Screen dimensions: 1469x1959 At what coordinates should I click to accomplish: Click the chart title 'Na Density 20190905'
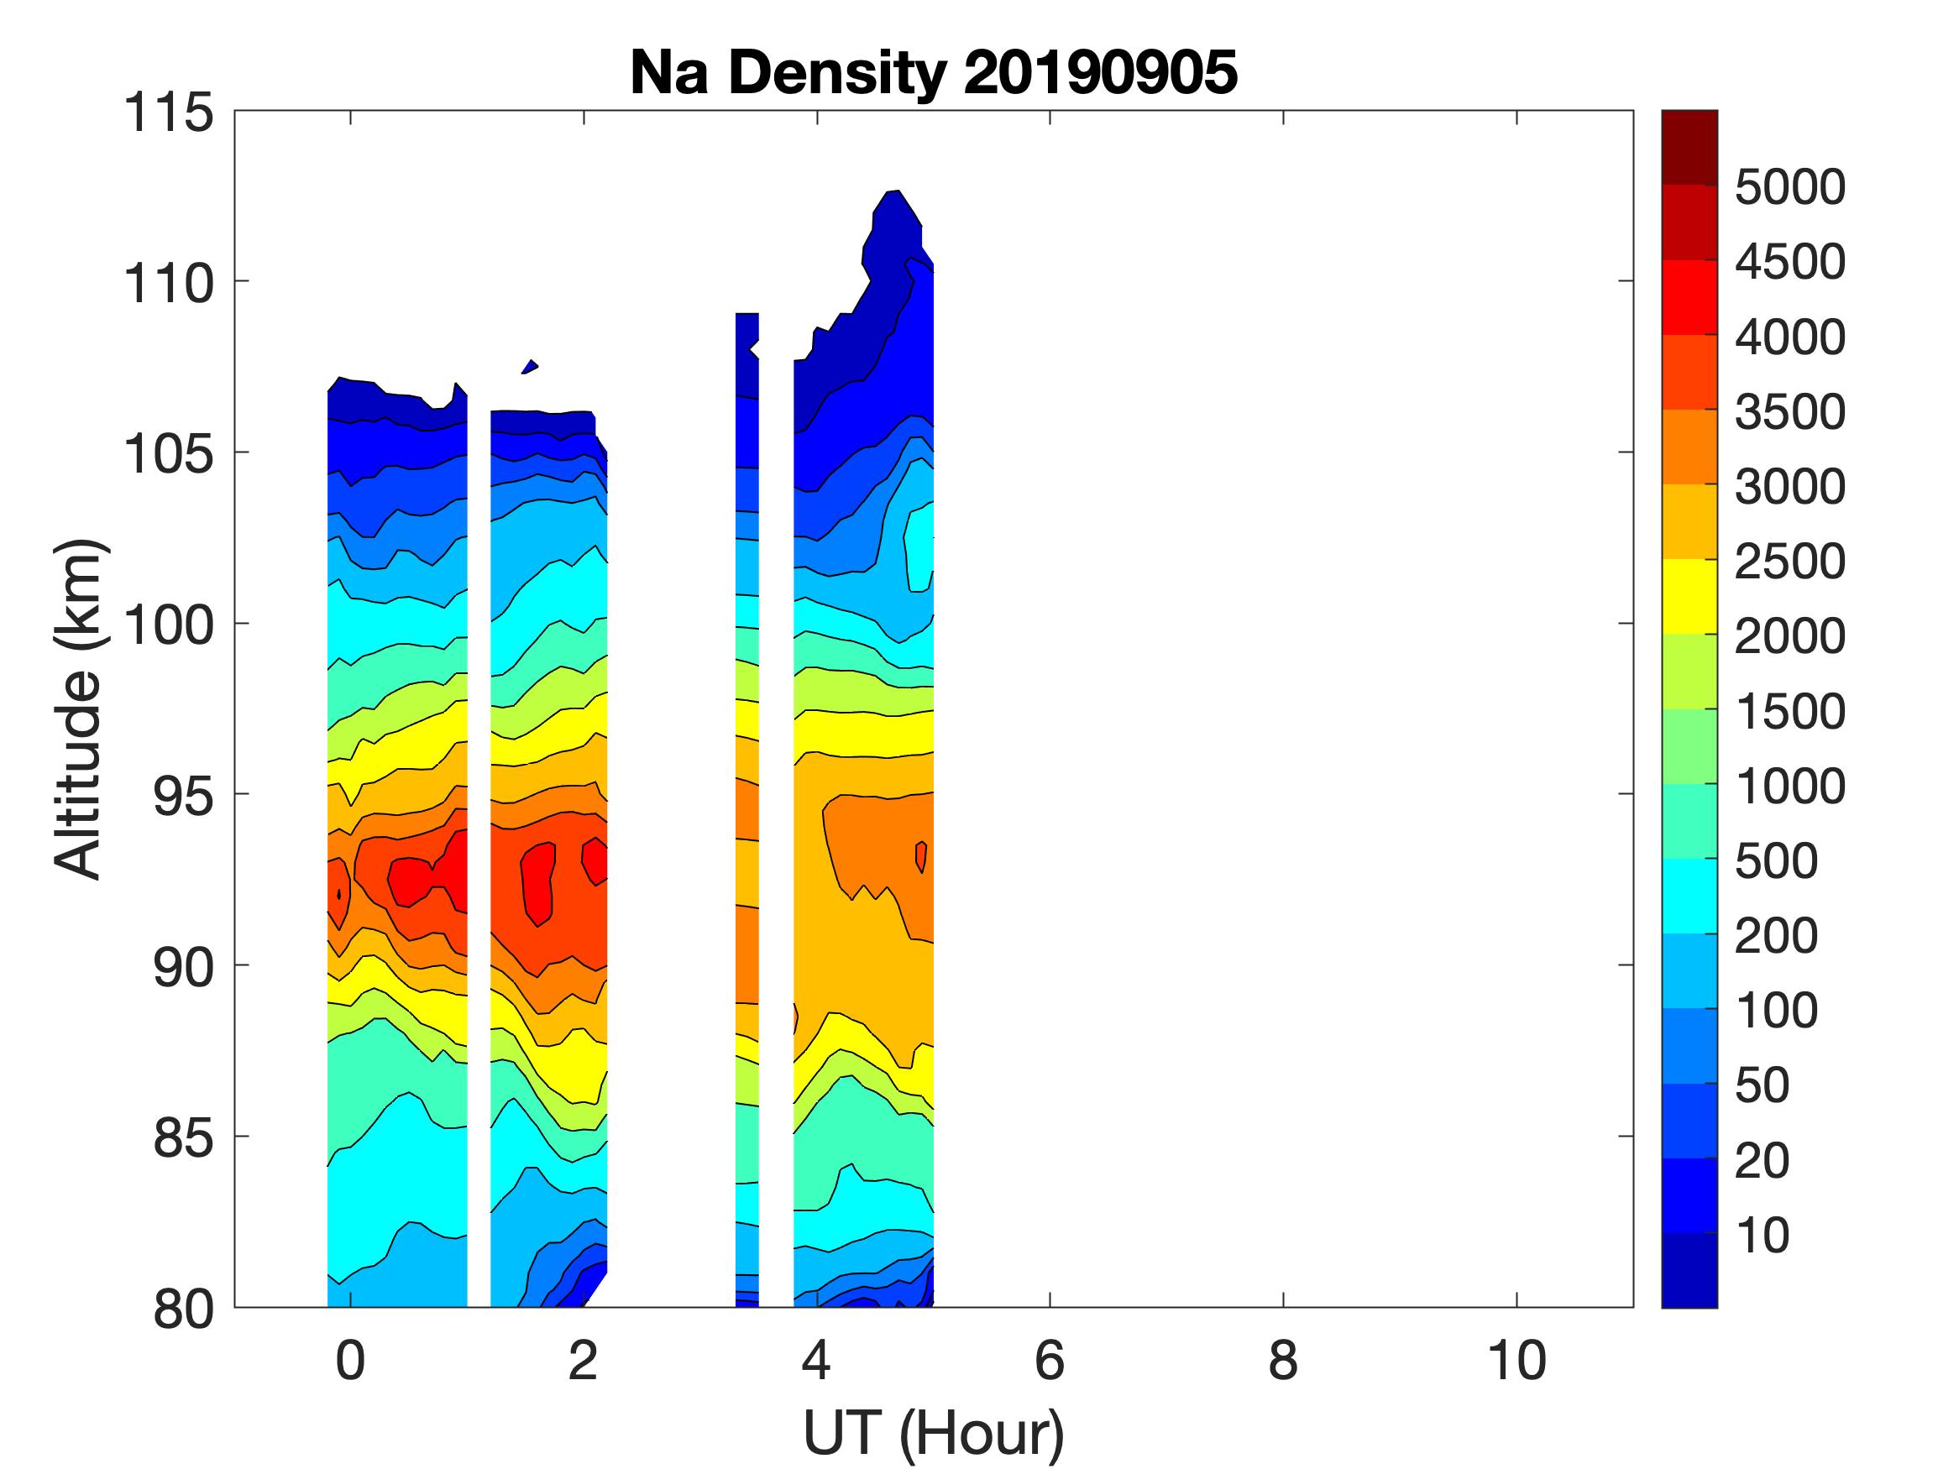point(933,72)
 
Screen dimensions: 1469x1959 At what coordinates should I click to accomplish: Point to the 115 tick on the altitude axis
point(168,113)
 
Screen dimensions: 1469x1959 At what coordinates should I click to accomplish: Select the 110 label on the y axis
point(168,285)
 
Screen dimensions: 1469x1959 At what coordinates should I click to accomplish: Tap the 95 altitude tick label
point(183,796)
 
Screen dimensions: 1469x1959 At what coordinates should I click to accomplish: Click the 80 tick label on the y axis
point(183,1310)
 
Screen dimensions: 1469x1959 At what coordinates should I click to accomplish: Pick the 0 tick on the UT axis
point(351,1361)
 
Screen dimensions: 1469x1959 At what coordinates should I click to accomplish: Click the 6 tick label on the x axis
point(1050,1361)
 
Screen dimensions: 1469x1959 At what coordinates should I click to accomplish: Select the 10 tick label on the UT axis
point(1516,1361)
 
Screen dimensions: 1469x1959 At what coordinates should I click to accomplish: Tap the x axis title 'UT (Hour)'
point(933,1433)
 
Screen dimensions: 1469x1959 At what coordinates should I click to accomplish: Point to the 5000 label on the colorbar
point(1789,187)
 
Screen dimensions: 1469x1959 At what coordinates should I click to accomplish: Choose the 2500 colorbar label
point(1789,561)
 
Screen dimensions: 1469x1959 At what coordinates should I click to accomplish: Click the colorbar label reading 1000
point(1789,786)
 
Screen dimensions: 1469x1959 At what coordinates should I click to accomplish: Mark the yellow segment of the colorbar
point(1689,597)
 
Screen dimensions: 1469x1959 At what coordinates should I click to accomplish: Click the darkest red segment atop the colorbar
point(1689,147)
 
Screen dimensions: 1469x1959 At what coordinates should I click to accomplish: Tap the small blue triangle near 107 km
point(530,367)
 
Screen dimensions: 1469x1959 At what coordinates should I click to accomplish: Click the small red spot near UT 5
point(922,856)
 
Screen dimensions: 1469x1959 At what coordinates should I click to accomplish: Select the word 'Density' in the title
point(836,72)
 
